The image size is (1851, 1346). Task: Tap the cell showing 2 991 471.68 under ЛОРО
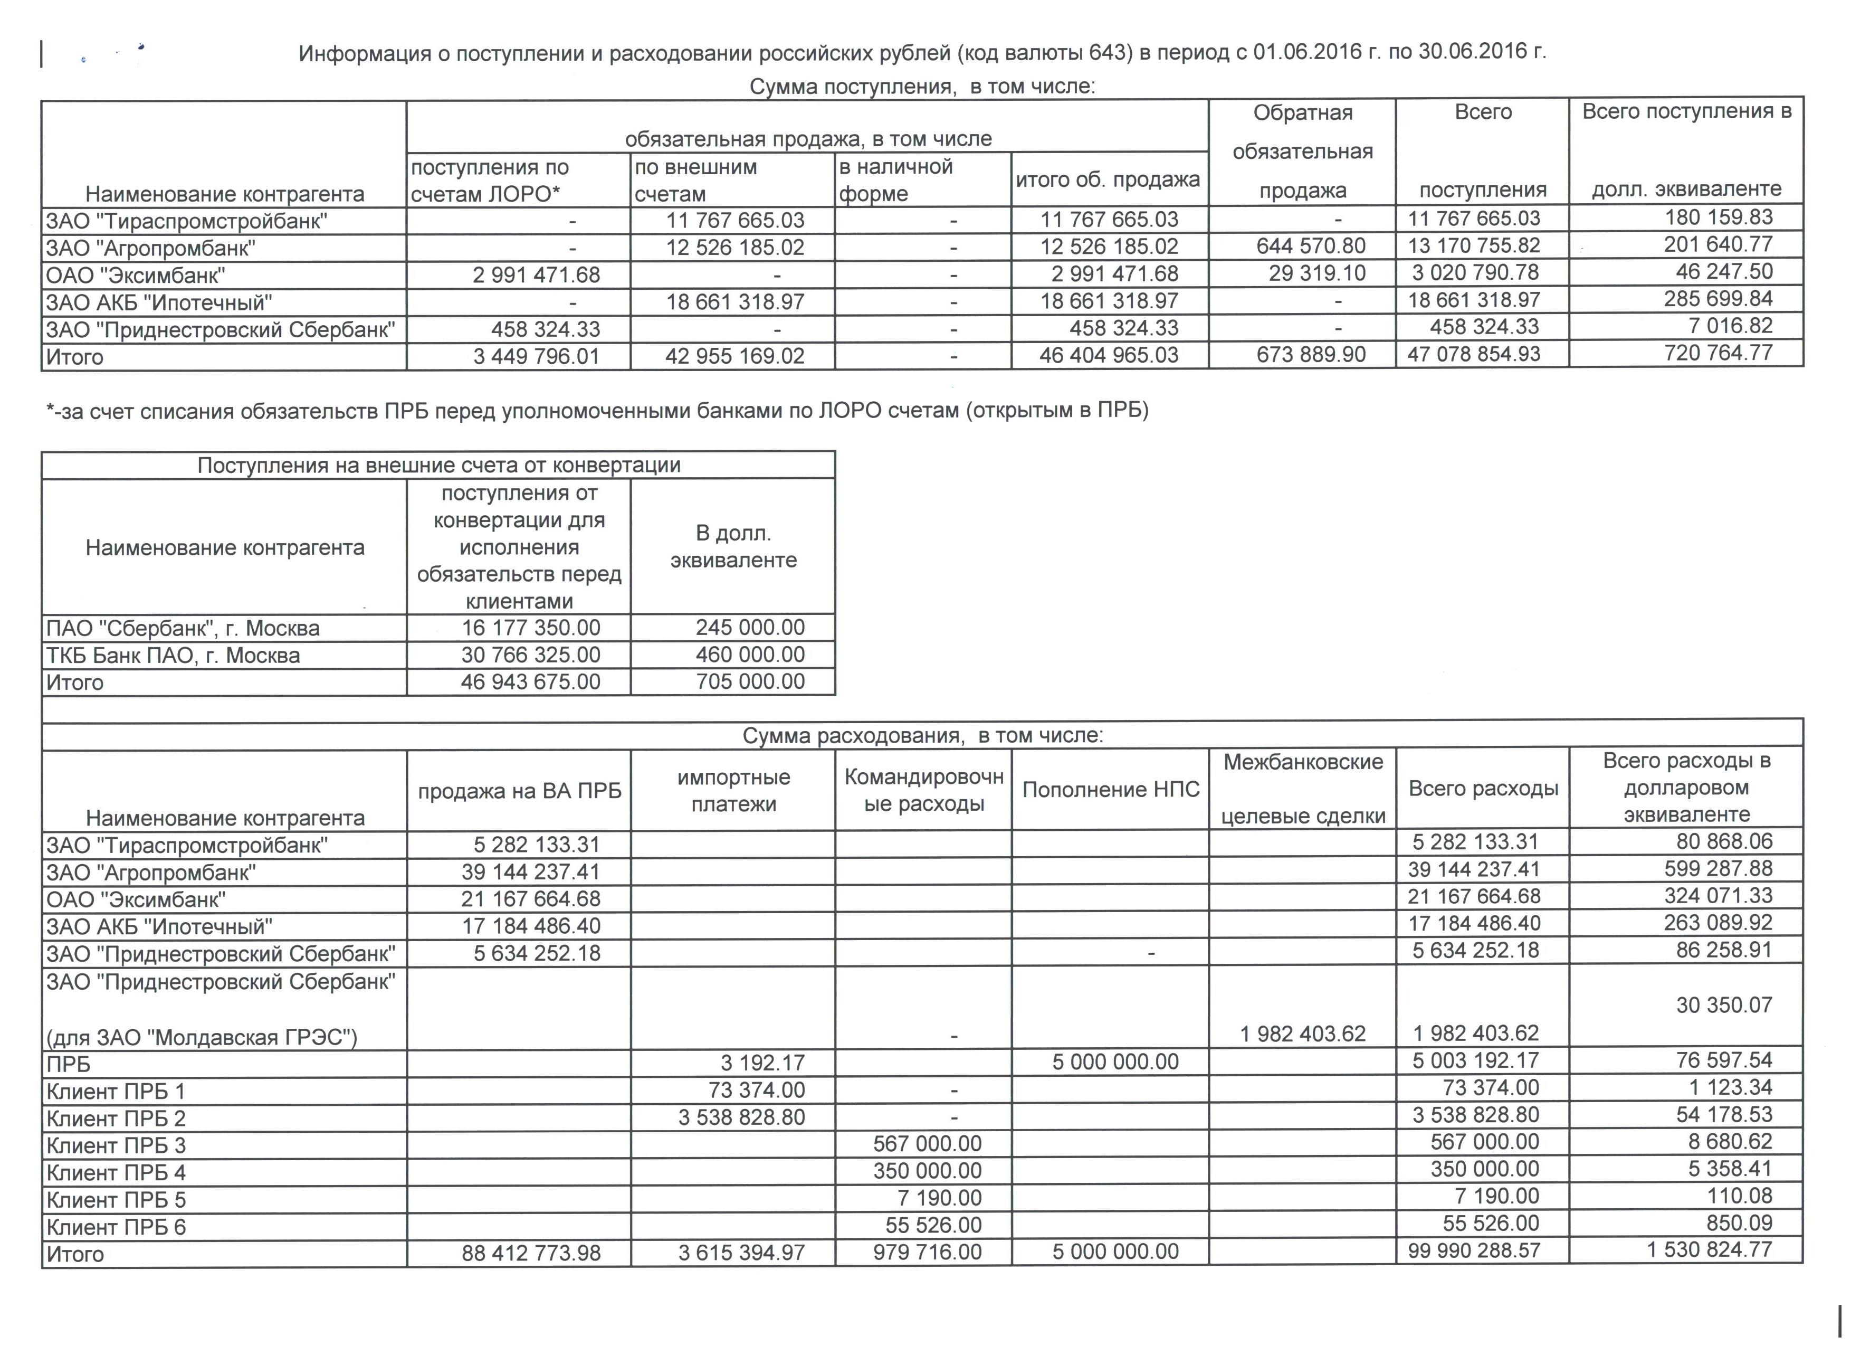(536, 274)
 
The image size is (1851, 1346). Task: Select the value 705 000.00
(750, 681)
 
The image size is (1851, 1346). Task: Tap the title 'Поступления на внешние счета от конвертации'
(438, 465)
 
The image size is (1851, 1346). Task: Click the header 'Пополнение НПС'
(1111, 789)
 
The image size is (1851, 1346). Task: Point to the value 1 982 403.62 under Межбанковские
(1303, 1034)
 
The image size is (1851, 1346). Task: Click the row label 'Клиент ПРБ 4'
(116, 1173)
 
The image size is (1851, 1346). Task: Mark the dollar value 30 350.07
(1724, 1005)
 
